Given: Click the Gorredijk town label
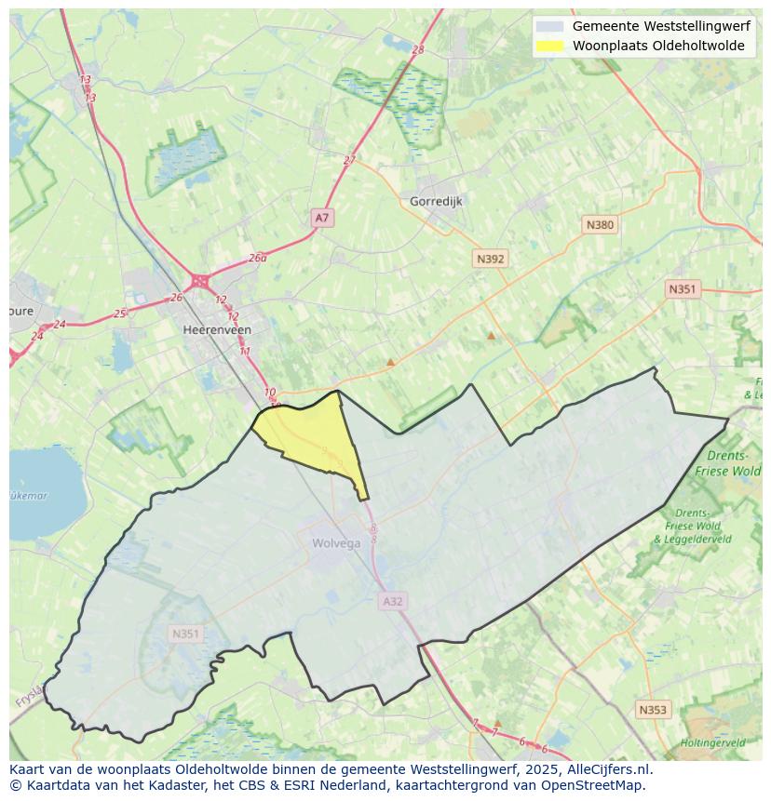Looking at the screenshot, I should click(436, 201).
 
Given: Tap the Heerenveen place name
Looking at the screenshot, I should click(217, 330).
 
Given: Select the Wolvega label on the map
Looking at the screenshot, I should click(336, 544).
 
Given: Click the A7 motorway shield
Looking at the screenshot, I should click(321, 218).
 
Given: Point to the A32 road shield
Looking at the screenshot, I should click(393, 602).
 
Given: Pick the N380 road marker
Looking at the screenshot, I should click(600, 225).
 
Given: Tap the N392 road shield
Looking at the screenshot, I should click(490, 260).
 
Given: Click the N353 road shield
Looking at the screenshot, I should click(653, 710).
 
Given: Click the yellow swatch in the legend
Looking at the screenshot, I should click(550, 46).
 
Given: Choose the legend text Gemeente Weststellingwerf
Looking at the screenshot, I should click(660, 26).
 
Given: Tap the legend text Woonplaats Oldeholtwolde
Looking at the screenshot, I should click(658, 46).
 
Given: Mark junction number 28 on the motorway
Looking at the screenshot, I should click(417, 50).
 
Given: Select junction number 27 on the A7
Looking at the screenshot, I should click(349, 160).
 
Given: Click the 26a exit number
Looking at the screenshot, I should click(257, 259).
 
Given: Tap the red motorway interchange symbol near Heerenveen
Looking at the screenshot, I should click(199, 280).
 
